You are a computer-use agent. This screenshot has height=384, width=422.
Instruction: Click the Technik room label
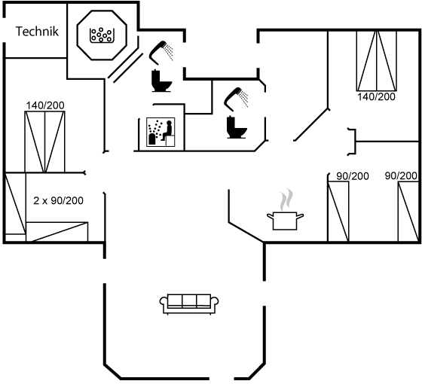pos(37,31)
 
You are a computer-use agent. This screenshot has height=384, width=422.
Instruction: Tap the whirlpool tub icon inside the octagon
pos(101,35)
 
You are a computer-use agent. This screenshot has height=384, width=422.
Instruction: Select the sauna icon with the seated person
pos(161,132)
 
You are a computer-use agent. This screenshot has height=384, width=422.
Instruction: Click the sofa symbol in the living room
pos(189,304)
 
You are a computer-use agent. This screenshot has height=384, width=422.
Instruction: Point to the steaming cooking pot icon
pos(286,212)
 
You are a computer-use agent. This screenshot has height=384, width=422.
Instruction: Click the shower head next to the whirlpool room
pos(161,53)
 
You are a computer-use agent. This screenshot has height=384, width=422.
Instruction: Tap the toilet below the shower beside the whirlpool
pos(161,81)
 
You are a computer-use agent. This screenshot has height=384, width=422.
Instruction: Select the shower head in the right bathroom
pos(236,99)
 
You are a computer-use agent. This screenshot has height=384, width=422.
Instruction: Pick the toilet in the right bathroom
pos(237,127)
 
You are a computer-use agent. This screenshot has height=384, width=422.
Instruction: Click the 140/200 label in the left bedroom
pos(45,105)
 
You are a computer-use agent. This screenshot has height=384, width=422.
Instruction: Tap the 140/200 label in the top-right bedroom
pos(376,96)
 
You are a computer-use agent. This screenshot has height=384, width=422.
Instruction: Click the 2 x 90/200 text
pos(59,200)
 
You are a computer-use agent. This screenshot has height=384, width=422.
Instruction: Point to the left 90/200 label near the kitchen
pos(353,176)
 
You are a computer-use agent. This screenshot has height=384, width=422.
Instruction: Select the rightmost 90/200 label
pos(401,176)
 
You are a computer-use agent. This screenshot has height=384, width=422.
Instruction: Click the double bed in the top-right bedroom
pos(377,61)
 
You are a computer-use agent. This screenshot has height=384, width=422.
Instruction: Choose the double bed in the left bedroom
pos(44,142)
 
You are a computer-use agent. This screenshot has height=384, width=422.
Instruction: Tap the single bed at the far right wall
pos(408,212)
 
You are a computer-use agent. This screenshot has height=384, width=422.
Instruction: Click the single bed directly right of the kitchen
pos(338,212)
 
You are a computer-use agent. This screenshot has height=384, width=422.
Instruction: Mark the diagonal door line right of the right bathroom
pos(311,124)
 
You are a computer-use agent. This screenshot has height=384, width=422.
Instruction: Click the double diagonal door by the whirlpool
pos(126,67)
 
